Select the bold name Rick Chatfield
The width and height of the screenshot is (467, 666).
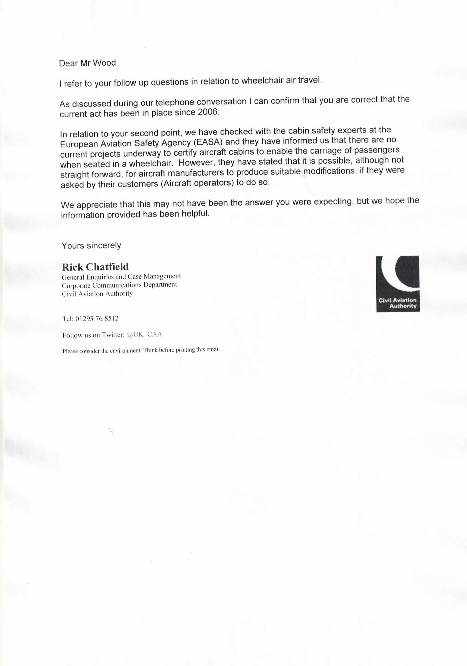click(x=95, y=267)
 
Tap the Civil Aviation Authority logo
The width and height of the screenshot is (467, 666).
click(x=398, y=284)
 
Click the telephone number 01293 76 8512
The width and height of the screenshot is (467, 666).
click(x=97, y=319)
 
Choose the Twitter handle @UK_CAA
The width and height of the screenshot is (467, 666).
click(x=144, y=335)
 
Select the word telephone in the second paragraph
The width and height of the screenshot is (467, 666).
click(x=175, y=102)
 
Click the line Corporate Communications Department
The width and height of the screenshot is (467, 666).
click(x=119, y=285)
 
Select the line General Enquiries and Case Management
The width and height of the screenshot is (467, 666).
click(x=121, y=276)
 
